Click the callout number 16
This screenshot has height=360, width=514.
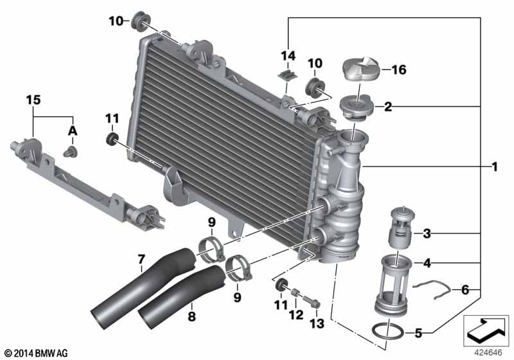coord(399,69)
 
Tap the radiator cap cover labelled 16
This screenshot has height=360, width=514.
coord(361,69)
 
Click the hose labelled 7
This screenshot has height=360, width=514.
coord(144,289)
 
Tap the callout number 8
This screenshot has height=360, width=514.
coord(191,316)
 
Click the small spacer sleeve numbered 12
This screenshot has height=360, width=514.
coord(295,292)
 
